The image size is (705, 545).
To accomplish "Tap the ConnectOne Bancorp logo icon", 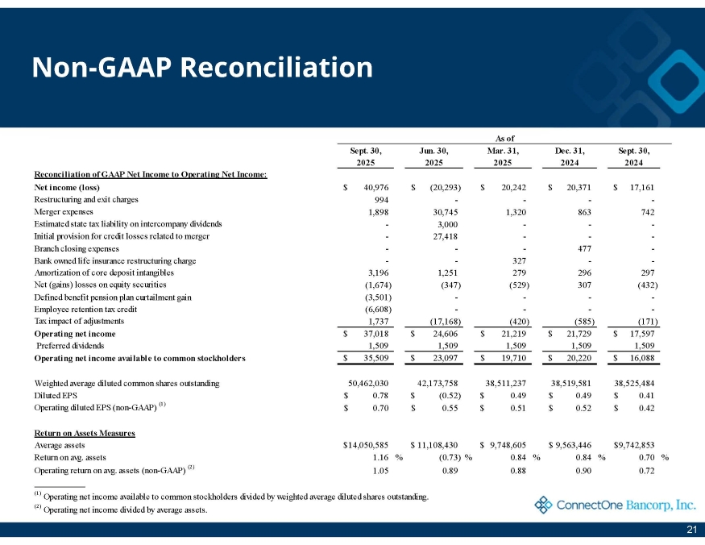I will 544,505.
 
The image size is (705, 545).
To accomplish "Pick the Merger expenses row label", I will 62,211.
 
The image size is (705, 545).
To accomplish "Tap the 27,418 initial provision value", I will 445,235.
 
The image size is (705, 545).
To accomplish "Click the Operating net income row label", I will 75,333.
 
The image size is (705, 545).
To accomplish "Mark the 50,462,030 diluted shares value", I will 367,383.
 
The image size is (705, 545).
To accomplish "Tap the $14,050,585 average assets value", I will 367,445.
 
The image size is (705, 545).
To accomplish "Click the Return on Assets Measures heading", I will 85,433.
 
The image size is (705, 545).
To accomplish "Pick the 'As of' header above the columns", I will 503,138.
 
